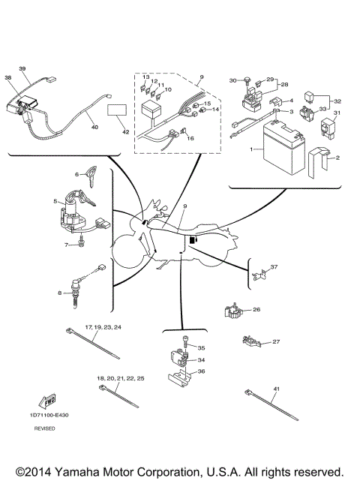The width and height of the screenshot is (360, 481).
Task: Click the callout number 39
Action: click(22, 68)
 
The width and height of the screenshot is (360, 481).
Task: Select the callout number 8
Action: click(60, 293)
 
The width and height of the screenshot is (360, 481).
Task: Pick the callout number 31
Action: click(337, 113)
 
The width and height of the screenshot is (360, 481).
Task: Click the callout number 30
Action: click(233, 80)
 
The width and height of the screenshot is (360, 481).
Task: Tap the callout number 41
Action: click(276, 387)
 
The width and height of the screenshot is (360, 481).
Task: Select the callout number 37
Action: click(274, 267)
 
